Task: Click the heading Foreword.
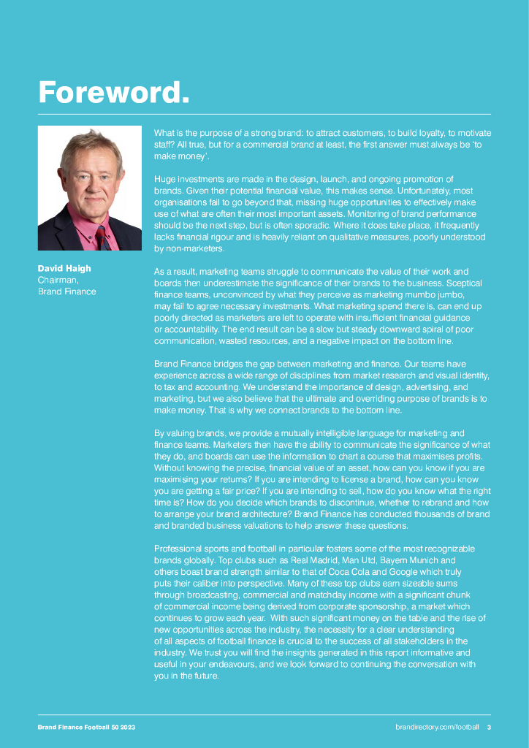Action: point(114,92)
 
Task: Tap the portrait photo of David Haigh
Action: point(90,188)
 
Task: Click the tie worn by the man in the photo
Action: point(102,237)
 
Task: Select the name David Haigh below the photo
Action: point(64,268)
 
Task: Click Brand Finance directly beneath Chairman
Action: point(66,291)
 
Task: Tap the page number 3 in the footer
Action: point(489,727)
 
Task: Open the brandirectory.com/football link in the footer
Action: point(437,727)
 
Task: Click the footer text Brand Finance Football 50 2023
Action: point(86,727)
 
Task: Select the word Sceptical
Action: point(466,283)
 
